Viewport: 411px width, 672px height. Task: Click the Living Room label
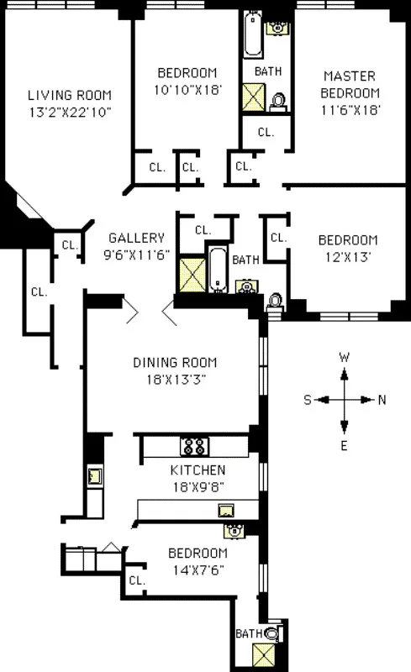coord(69,95)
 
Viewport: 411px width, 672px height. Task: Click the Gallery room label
coord(136,239)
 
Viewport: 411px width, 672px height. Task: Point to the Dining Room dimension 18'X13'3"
coord(175,379)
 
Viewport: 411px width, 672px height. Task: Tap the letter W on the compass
coord(344,357)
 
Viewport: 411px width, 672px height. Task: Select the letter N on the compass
coord(382,400)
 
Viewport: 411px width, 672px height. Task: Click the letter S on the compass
coord(308,400)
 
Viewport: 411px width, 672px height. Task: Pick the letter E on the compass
coord(345,444)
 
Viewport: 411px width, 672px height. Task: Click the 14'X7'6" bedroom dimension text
coord(198,568)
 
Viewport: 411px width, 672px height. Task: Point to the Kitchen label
coord(198,470)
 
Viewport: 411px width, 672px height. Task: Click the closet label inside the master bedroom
coord(266,132)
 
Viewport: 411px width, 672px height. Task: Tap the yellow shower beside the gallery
coord(191,273)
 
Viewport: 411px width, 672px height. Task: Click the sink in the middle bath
coord(246,286)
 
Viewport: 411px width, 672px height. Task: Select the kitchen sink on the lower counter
coord(225,510)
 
